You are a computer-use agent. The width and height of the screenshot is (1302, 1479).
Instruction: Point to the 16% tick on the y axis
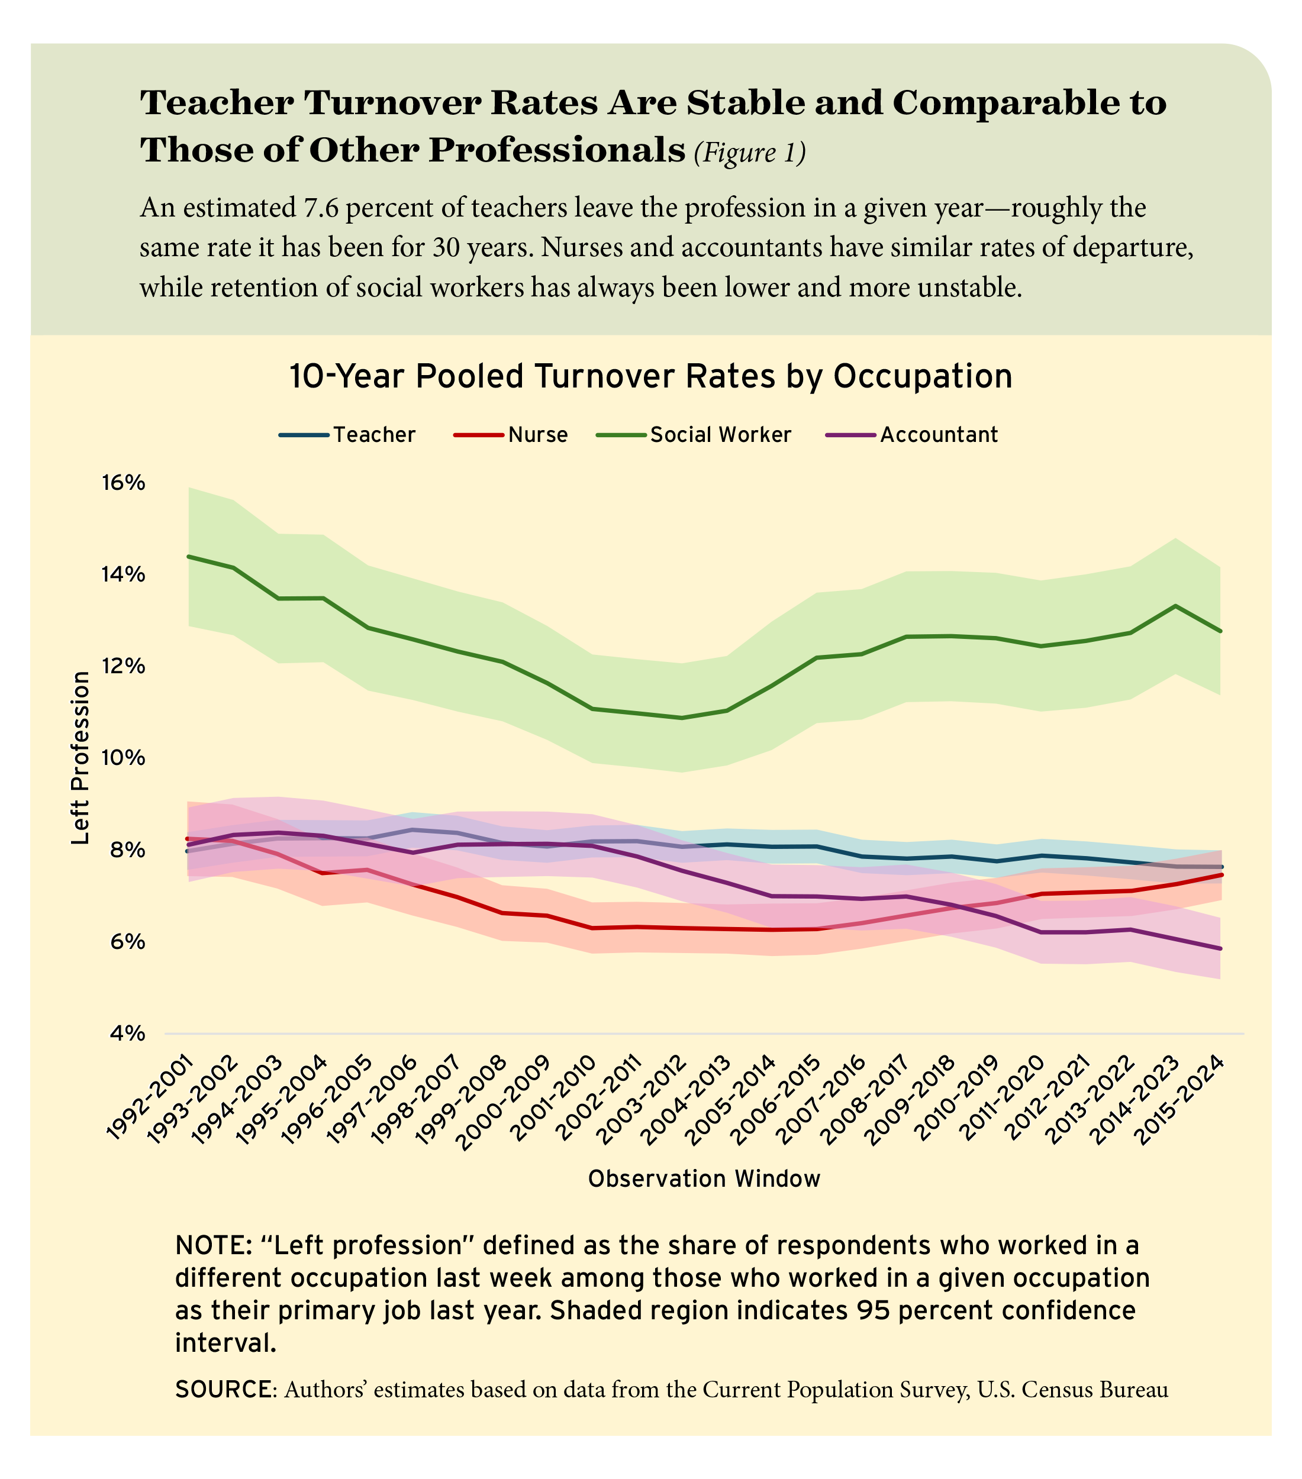coord(121,483)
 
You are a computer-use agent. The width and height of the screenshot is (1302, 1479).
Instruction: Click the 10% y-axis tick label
coord(121,758)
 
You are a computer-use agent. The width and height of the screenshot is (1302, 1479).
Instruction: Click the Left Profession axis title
coord(81,758)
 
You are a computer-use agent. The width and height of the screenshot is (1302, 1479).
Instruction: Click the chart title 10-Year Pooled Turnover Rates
coord(650,377)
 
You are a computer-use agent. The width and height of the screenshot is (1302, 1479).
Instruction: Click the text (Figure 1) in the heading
coord(749,153)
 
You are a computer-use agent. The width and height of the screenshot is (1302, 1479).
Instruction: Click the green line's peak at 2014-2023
coord(1175,606)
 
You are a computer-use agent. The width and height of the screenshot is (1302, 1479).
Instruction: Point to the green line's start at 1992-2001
coord(188,557)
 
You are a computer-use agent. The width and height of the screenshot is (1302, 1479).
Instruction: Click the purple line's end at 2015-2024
coord(1220,948)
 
